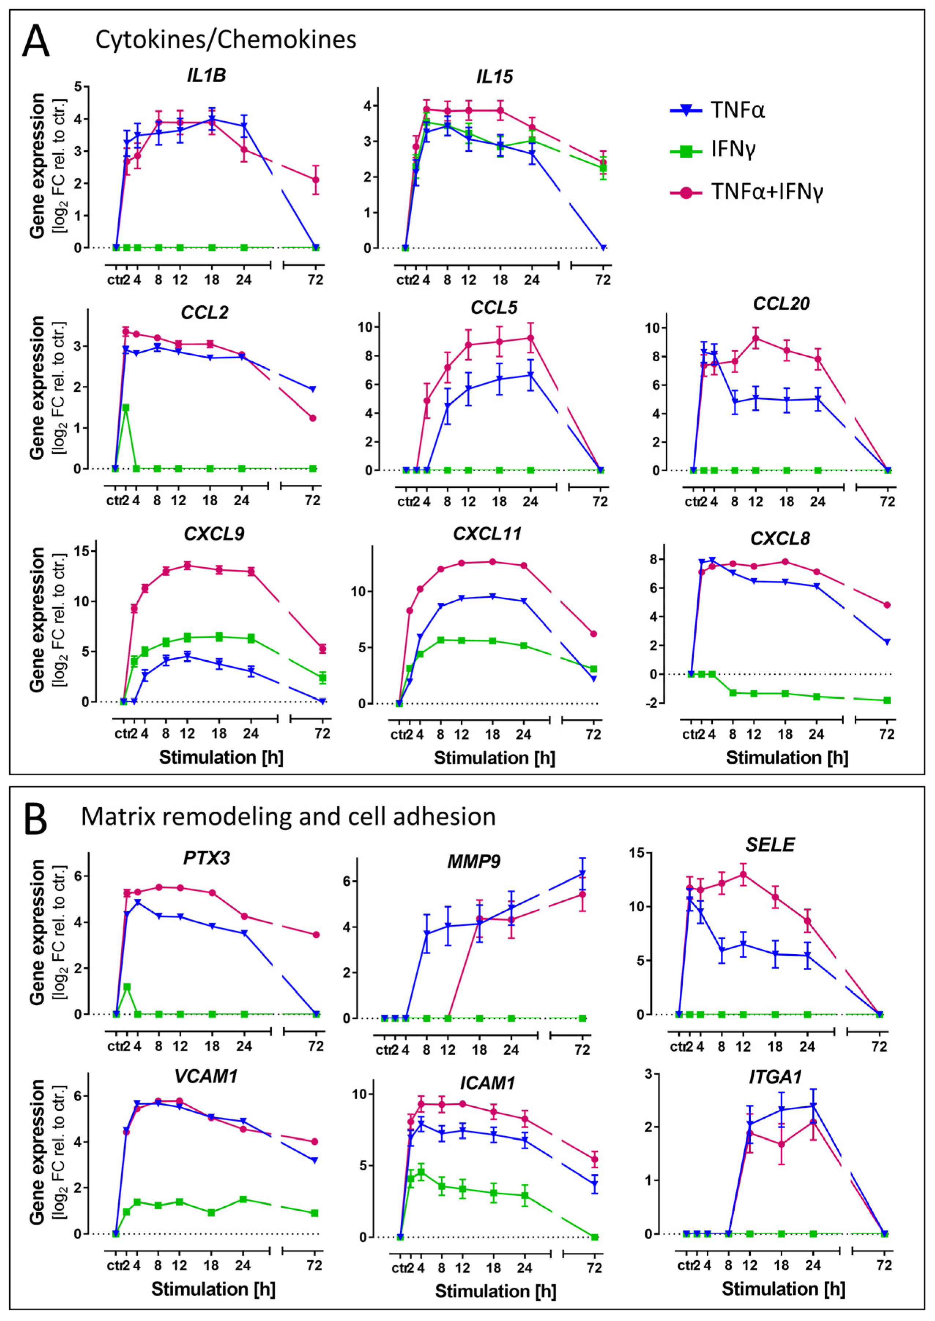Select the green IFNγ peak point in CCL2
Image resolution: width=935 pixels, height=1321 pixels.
click(x=126, y=407)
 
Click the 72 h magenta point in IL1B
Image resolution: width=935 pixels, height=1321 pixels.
click(x=315, y=180)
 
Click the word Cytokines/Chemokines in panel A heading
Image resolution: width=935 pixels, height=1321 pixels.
click(x=226, y=40)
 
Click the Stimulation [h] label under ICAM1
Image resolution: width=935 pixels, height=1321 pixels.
click(x=495, y=1291)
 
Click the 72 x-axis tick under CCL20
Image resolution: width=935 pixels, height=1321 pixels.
click(x=887, y=502)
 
